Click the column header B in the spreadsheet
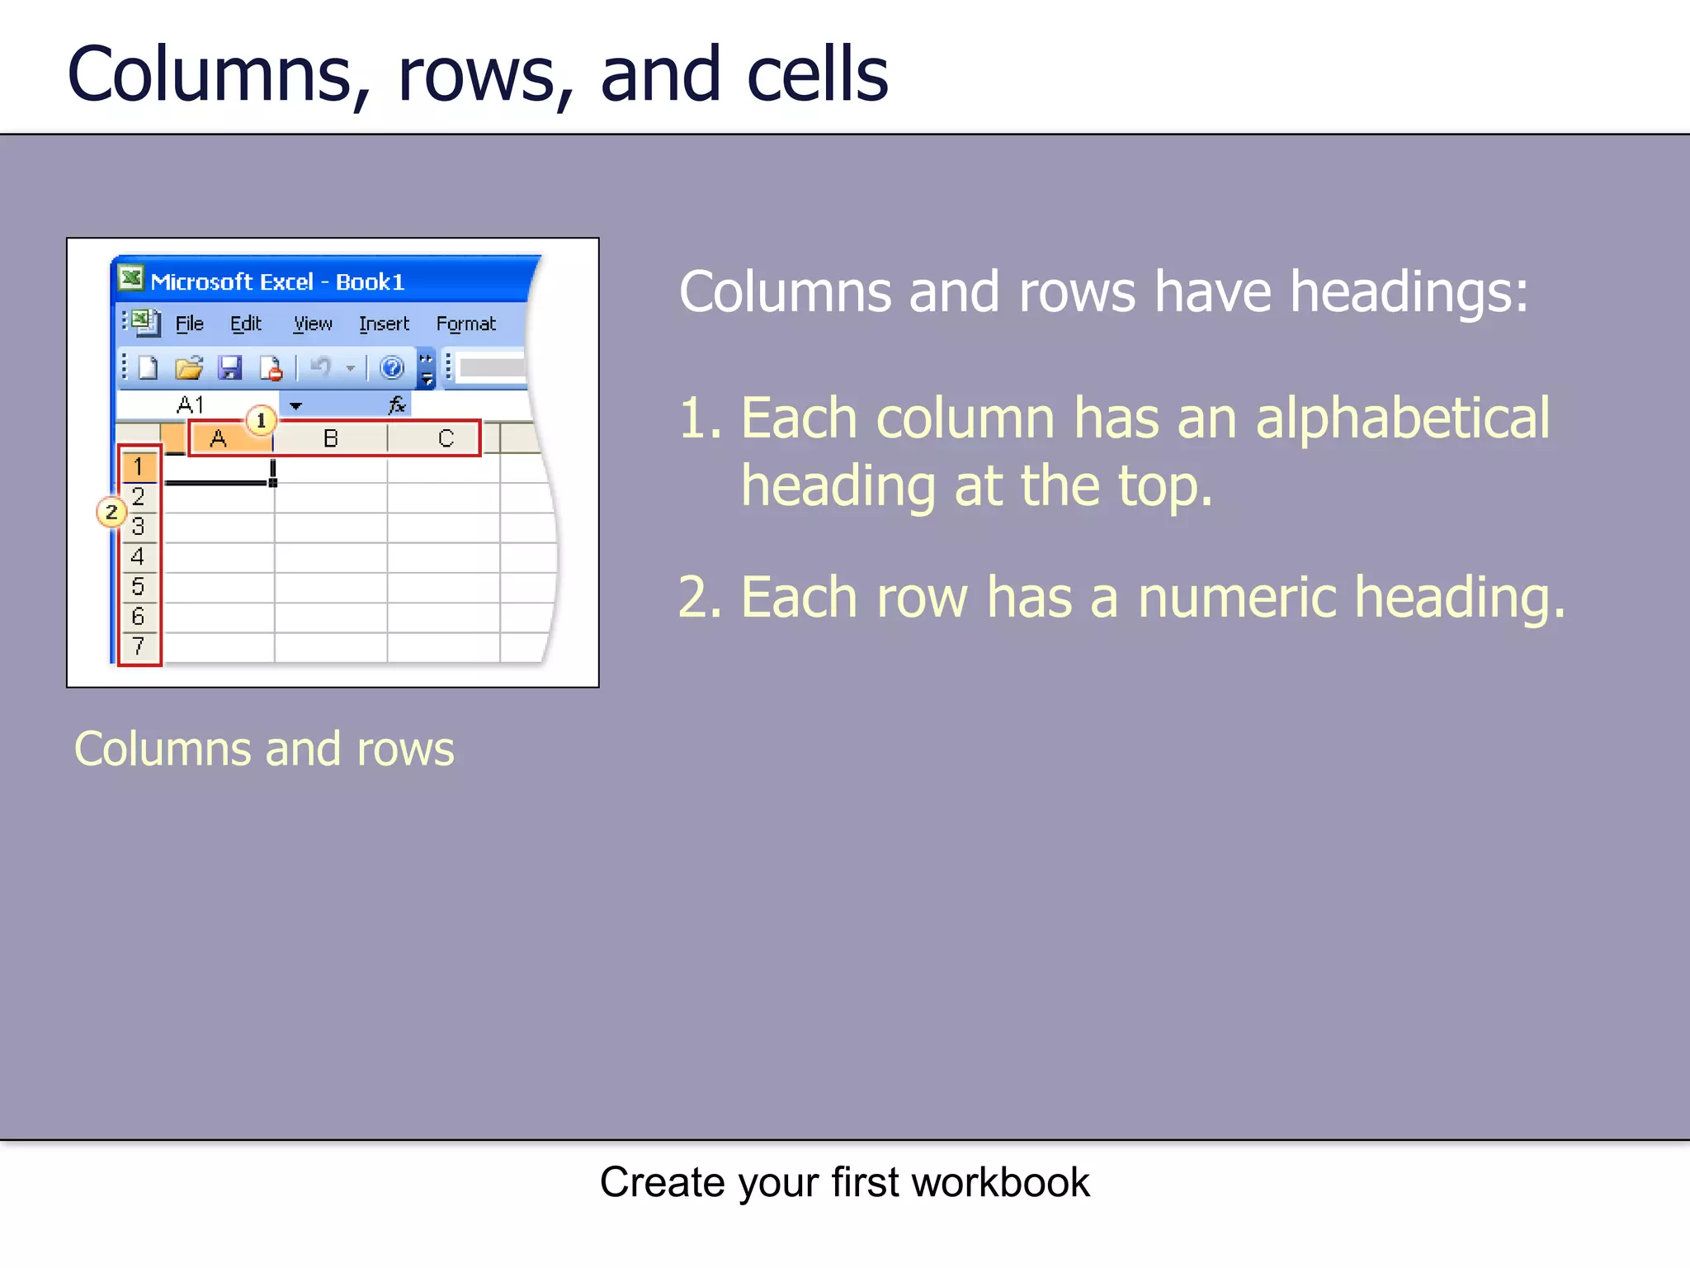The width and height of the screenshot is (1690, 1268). pyautogui.click(x=330, y=438)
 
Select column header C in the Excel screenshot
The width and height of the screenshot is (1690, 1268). pyautogui.click(x=446, y=438)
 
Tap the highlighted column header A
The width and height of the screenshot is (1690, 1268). pyautogui.click(x=219, y=439)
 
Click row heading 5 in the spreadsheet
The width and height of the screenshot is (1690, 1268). pyautogui.click(x=138, y=586)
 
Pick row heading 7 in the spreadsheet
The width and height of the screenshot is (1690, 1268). pyautogui.click(x=138, y=646)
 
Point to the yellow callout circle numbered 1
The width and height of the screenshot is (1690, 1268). pyautogui.click(x=261, y=420)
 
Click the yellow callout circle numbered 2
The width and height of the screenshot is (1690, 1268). pyautogui.click(x=111, y=512)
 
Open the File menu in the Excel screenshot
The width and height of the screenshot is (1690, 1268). pyautogui.click(x=189, y=324)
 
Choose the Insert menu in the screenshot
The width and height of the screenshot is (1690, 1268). pyautogui.click(x=384, y=324)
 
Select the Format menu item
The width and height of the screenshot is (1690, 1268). pyautogui.click(x=465, y=324)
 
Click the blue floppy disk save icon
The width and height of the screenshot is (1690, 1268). pyautogui.click(x=229, y=367)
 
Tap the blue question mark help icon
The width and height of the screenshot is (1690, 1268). pyautogui.click(x=391, y=367)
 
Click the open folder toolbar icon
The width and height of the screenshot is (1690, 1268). pyautogui.click(x=189, y=367)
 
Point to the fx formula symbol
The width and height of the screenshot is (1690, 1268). pyautogui.click(x=397, y=405)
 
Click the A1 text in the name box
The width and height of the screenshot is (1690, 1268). pyautogui.click(x=191, y=405)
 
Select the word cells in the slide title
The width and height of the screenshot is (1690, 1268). pyautogui.click(x=817, y=74)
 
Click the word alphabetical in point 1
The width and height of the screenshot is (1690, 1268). pyautogui.click(x=1402, y=418)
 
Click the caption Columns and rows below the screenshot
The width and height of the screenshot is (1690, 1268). pyautogui.click(x=264, y=749)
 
